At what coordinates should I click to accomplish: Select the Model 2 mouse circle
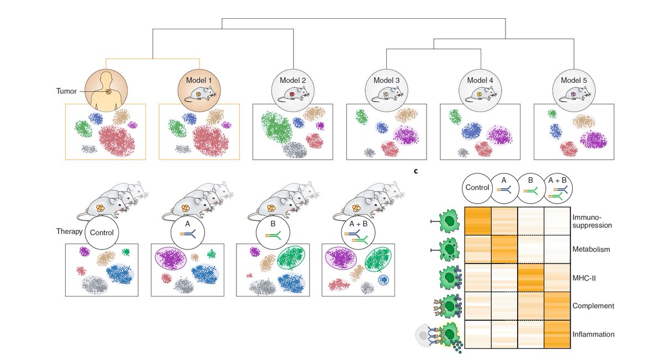tap(293, 88)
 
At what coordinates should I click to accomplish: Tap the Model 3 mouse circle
tap(387, 88)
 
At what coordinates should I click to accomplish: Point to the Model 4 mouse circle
tap(481, 88)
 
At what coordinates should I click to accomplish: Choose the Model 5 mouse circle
tap(575, 88)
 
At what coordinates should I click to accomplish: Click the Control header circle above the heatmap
tap(478, 187)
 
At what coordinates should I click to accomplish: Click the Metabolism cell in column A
tap(504, 250)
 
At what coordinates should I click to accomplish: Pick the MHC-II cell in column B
tap(531, 278)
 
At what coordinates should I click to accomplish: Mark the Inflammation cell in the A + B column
tap(557, 334)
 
